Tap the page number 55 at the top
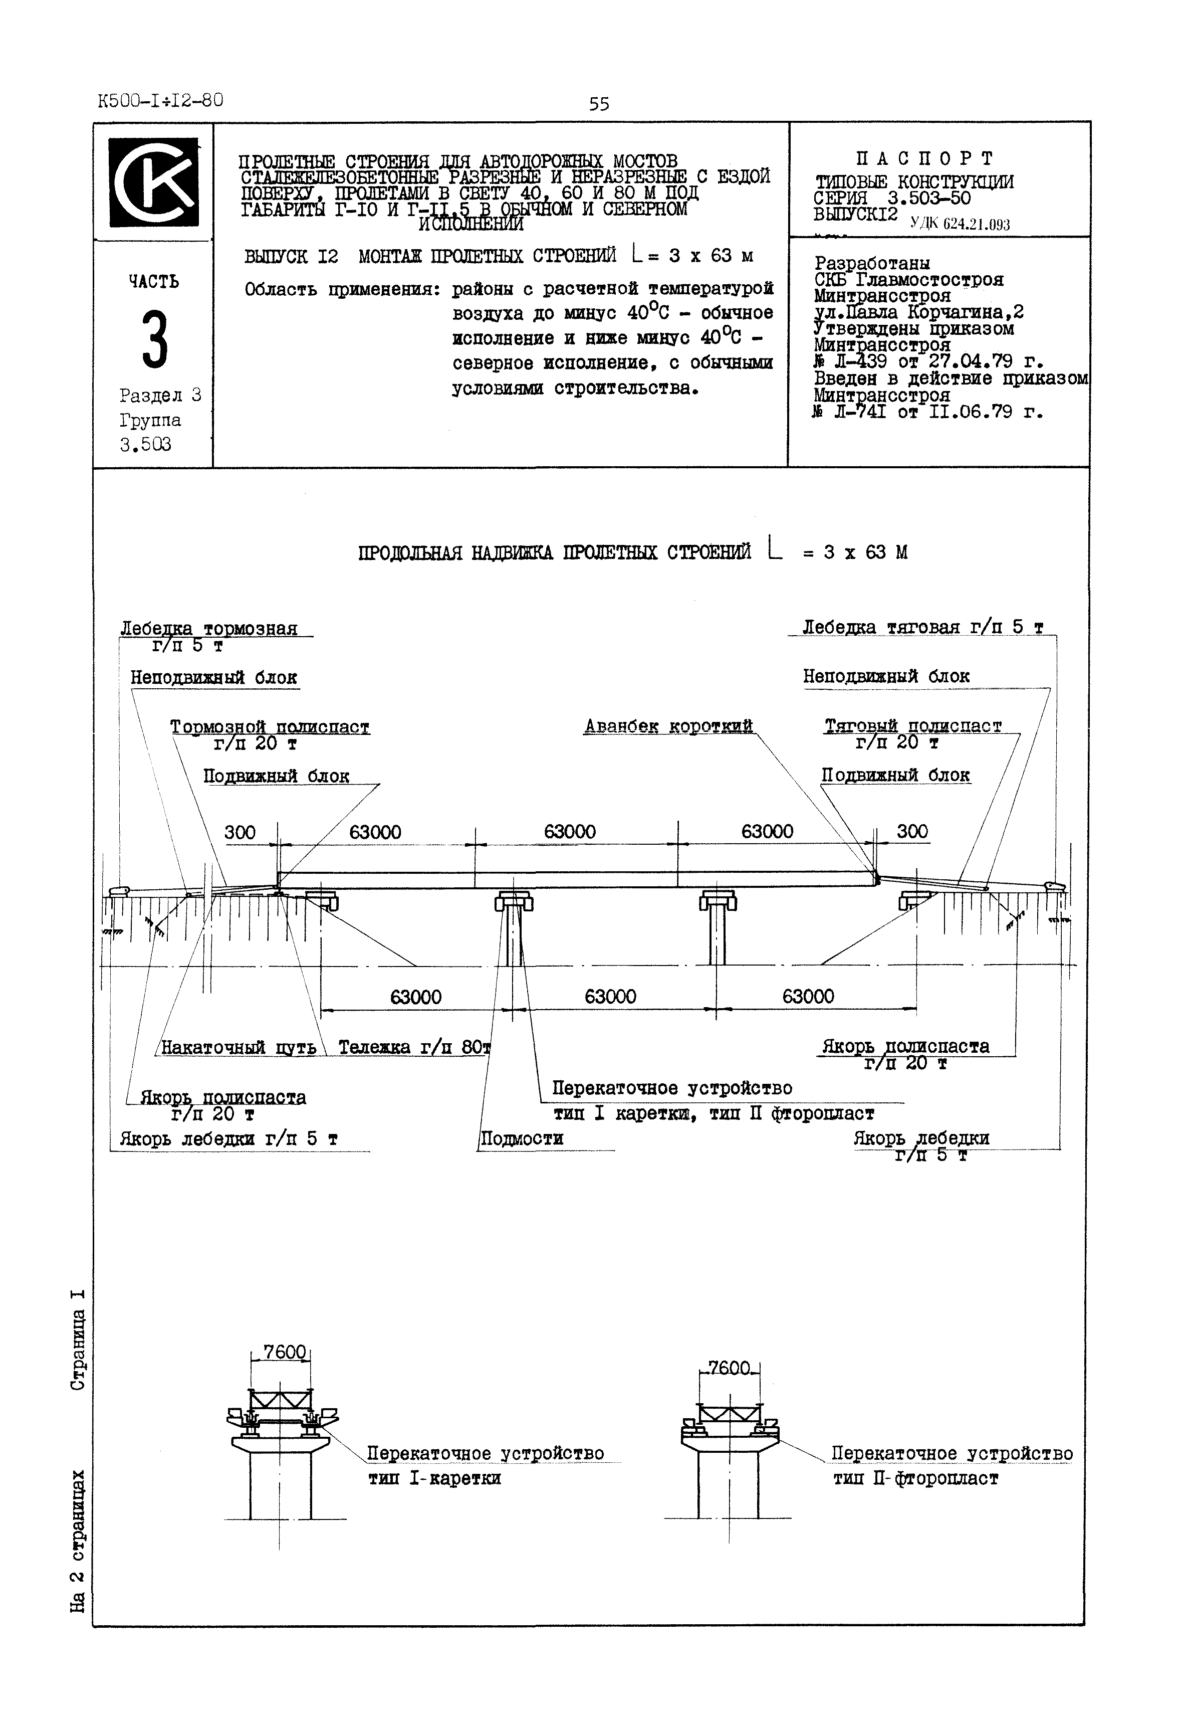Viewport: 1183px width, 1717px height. (x=598, y=104)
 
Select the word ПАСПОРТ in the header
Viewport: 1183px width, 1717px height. (x=924, y=158)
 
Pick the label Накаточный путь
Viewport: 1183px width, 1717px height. (x=239, y=1047)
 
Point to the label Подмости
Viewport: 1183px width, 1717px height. (x=522, y=1138)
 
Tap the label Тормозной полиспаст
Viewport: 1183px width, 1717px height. (x=270, y=727)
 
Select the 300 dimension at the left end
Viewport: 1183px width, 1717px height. (x=240, y=832)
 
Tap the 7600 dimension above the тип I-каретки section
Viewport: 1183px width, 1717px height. (x=285, y=1352)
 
